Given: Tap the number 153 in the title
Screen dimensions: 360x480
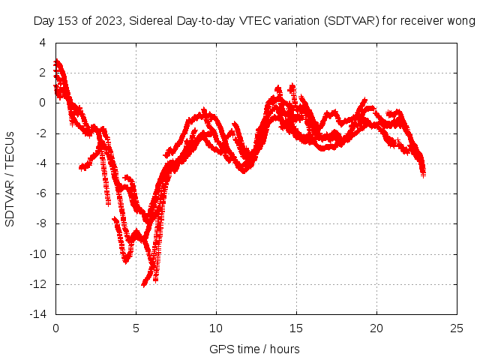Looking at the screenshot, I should coord(67,22).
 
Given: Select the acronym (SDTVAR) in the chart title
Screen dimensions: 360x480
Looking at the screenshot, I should coord(351,22).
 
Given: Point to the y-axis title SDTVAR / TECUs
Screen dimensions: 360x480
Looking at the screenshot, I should coord(10,178).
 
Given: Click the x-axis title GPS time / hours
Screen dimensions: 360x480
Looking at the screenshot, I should coord(255,349).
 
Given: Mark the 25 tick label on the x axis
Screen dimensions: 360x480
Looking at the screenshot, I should coord(457,328).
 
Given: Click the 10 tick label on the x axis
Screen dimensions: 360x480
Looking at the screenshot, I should coord(216,328).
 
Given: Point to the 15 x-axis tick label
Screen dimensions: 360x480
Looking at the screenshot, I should coord(296,328).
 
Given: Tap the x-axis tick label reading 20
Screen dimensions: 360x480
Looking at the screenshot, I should coord(376,328).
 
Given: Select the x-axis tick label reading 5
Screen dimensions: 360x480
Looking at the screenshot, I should coord(136,328).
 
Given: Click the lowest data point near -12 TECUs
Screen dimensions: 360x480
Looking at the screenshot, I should coord(144,285).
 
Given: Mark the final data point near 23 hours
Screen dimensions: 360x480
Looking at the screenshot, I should coord(423,174).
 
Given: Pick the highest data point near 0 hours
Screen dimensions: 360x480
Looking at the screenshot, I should coord(57,61).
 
